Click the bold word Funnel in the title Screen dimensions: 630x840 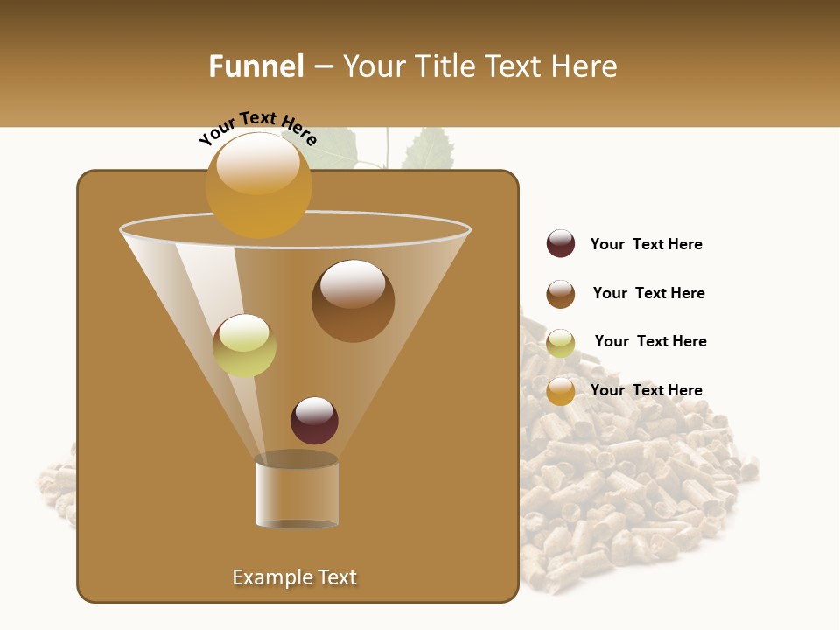point(255,66)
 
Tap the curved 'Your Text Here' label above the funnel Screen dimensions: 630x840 point(256,129)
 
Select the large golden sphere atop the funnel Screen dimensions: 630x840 point(258,185)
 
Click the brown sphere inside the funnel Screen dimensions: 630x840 point(353,300)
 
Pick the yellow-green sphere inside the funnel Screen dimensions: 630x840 point(244,346)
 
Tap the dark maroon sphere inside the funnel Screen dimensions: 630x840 point(314,420)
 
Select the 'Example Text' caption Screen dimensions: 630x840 point(294,577)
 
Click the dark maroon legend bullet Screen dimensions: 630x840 point(561,244)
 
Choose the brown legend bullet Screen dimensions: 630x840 point(561,294)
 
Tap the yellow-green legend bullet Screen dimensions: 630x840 point(561,343)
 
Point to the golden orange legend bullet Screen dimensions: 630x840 point(561,391)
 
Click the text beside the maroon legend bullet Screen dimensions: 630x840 point(646,245)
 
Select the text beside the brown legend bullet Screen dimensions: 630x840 point(648,294)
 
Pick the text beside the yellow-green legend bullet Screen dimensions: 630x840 point(650,342)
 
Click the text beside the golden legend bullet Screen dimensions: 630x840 point(646,391)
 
